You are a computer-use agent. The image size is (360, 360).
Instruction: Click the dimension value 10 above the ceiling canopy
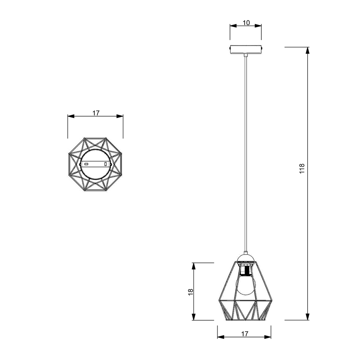(246, 23)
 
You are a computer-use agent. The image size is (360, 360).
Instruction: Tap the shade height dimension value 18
(191, 291)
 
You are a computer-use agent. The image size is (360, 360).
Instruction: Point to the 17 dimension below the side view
(245, 334)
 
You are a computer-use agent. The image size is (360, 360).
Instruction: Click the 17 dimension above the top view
(96, 113)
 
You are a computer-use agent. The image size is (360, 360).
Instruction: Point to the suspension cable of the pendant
(245, 155)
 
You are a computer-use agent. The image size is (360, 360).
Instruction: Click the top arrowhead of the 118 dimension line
(308, 50)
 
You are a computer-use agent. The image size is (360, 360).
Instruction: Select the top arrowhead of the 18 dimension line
(193, 266)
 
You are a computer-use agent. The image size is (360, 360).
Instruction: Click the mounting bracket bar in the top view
(95, 164)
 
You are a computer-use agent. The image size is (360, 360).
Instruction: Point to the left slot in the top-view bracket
(86, 164)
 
